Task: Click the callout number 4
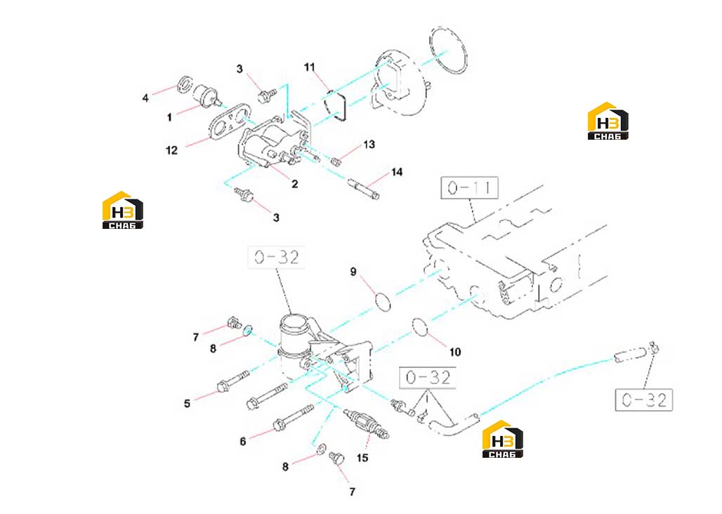tap(145, 98)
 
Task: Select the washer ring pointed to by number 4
tap(185, 84)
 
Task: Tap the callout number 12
tap(172, 150)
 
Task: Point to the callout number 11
tap(310, 67)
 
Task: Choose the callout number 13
tap(369, 145)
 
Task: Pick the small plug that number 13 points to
tap(336, 161)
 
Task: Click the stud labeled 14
tap(364, 189)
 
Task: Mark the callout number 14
tap(397, 172)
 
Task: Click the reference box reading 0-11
tap(469, 187)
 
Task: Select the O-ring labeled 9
tap(383, 301)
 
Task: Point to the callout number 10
tap(455, 352)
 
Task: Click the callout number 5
tap(187, 404)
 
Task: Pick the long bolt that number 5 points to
tap(232, 382)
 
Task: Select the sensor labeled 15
tap(367, 423)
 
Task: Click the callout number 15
tap(362, 458)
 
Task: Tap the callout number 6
tap(243, 442)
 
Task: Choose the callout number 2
tap(295, 184)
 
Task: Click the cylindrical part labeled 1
tap(206, 95)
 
